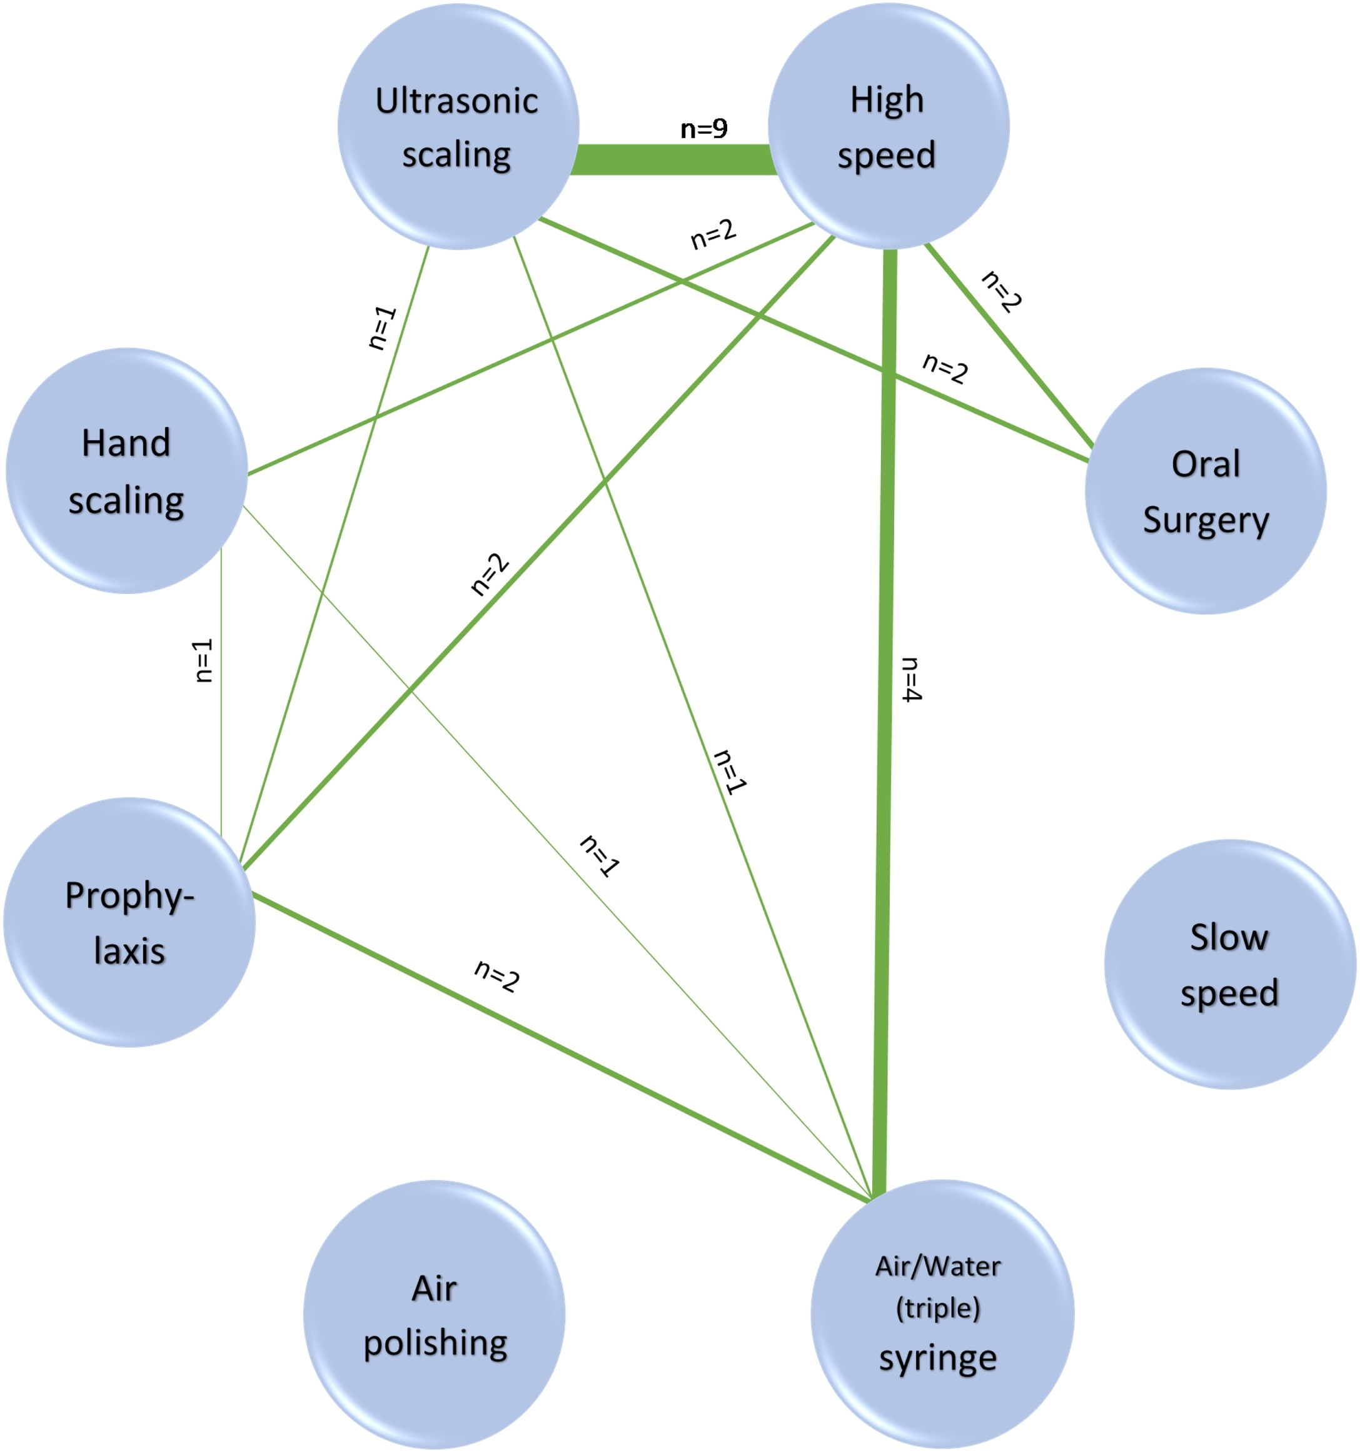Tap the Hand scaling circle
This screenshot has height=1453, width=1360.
(126, 471)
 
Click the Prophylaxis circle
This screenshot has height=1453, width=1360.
(129, 922)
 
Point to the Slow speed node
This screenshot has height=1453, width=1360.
(1229, 965)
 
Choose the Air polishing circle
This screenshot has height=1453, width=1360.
(435, 1315)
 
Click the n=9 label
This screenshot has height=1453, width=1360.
(703, 129)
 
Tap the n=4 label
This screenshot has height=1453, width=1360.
(911, 680)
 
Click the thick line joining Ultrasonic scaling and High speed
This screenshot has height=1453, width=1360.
(672, 159)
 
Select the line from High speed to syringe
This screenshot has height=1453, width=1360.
(887, 511)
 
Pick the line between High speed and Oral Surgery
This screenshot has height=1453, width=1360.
(1023, 366)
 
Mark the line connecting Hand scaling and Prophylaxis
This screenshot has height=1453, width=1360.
(221, 731)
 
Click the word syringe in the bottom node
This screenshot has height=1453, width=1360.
(937, 1358)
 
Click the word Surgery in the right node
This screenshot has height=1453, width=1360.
(1206, 520)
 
